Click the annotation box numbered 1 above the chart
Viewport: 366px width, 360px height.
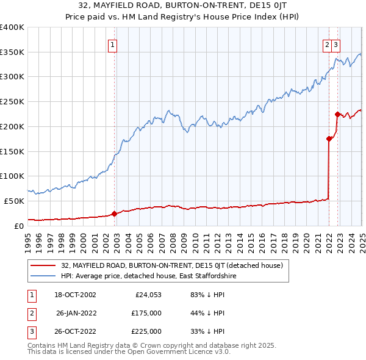pos(113,44)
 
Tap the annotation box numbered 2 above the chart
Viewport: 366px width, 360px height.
pos(327,44)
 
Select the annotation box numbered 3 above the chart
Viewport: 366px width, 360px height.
pos(336,44)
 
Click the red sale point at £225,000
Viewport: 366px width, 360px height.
pos(337,113)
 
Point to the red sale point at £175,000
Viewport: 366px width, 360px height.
pos(329,139)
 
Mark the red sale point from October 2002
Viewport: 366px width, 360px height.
pos(114,214)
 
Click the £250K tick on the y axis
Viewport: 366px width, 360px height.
pos(12,102)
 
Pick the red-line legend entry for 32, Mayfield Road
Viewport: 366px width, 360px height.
pos(171,266)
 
